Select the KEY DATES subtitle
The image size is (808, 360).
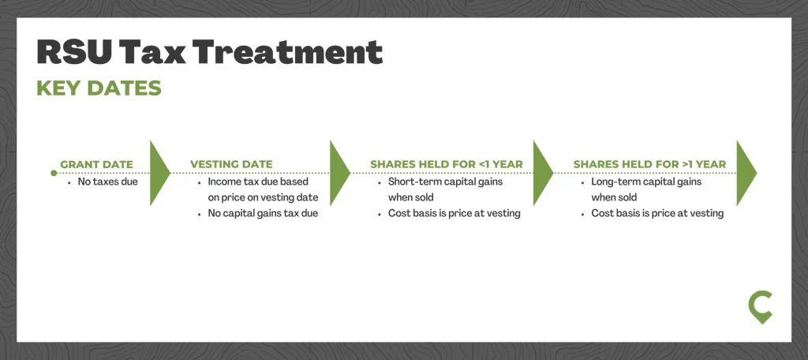tap(99, 88)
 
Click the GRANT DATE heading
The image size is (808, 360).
tap(96, 164)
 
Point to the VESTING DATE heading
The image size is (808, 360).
tap(231, 164)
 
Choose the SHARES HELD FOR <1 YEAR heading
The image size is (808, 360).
tap(447, 164)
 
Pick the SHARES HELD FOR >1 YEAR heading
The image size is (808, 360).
tap(650, 164)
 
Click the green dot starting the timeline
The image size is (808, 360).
tap(54, 173)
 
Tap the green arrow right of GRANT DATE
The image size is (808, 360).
tap(159, 173)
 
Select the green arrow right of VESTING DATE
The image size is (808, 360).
tap(339, 173)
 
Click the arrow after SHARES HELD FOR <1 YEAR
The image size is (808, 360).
tap(543, 173)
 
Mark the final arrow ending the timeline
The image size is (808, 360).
tap(746, 173)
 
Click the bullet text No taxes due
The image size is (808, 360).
tap(107, 182)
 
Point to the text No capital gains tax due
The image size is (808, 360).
tap(263, 213)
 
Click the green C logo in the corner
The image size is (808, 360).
tap(761, 307)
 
